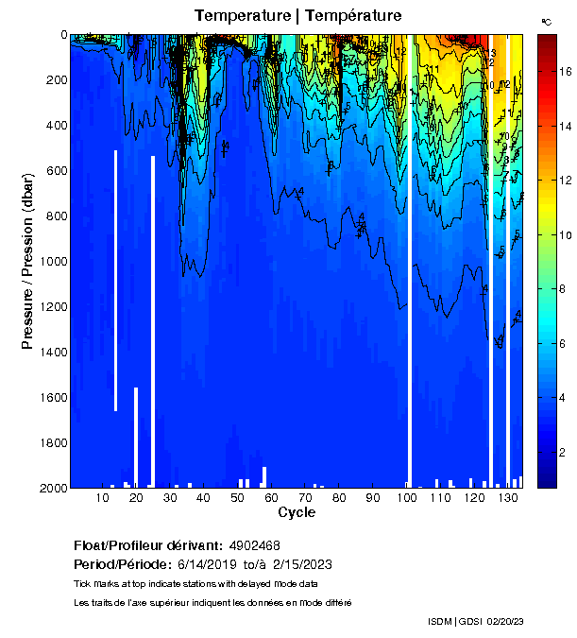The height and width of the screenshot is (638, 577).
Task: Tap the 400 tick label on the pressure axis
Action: [55, 126]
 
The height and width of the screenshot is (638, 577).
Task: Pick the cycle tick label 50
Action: [237, 497]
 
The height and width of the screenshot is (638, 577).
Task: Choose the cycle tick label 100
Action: [407, 497]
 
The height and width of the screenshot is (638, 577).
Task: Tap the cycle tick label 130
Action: [508, 497]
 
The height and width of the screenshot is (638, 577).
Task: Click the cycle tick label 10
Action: [102, 497]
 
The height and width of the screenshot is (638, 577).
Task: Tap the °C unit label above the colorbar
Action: [546, 21]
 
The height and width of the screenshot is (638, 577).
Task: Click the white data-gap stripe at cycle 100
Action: [410, 284]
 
